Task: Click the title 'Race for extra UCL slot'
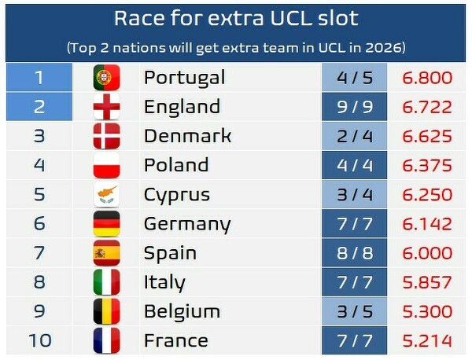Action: (x=235, y=19)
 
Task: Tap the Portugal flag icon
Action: (x=106, y=77)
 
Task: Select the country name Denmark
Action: (x=187, y=135)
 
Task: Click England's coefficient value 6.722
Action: (x=427, y=106)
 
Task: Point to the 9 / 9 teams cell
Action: (x=354, y=106)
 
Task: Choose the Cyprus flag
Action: (x=106, y=194)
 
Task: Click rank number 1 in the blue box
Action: (x=39, y=77)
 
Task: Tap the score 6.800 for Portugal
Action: (x=427, y=77)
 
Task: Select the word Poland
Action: (x=175, y=165)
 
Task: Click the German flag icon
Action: (x=106, y=223)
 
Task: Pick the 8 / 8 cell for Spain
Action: (x=354, y=253)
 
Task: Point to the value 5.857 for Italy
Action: (x=427, y=282)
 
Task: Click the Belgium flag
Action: (x=106, y=311)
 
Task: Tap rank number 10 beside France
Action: (x=39, y=340)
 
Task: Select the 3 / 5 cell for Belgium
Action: (x=354, y=311)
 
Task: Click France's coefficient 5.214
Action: (x=427, y=340)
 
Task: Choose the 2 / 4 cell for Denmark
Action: (x=354, y=135)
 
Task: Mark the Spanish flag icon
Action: (x=106, y=253)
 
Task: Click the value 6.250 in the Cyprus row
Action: (x=427, y=194)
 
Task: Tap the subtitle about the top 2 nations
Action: (x=235, y=47)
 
